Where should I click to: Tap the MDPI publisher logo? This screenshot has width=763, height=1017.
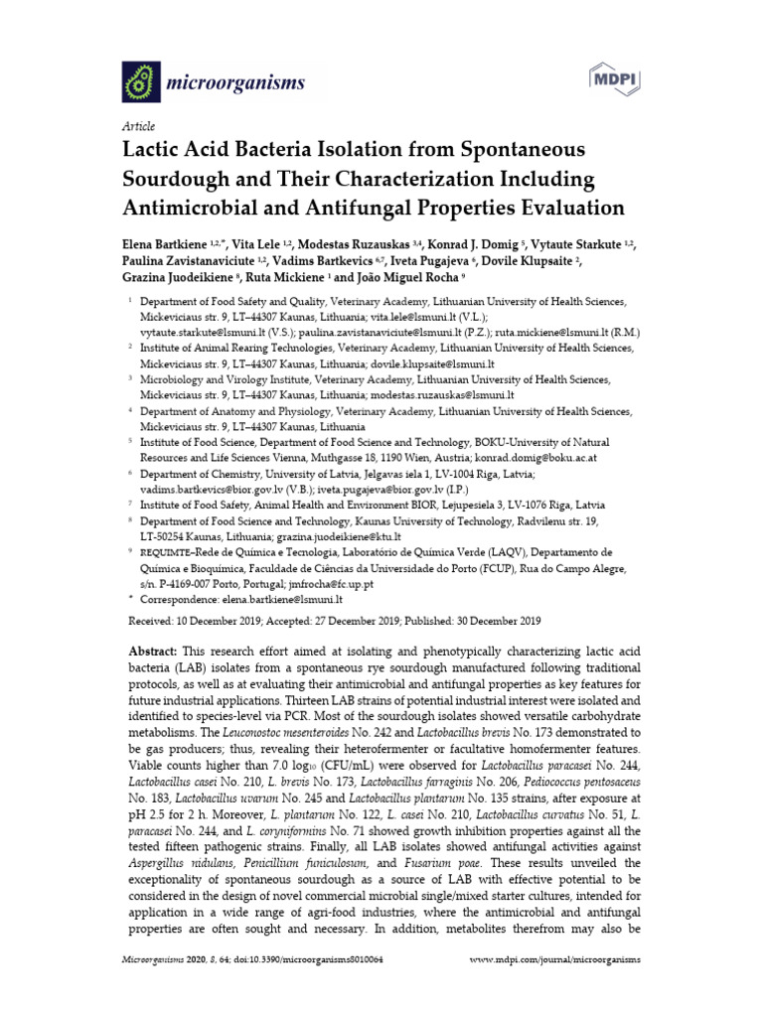point(615,78)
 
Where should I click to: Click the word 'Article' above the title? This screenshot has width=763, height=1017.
point(137,127)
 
